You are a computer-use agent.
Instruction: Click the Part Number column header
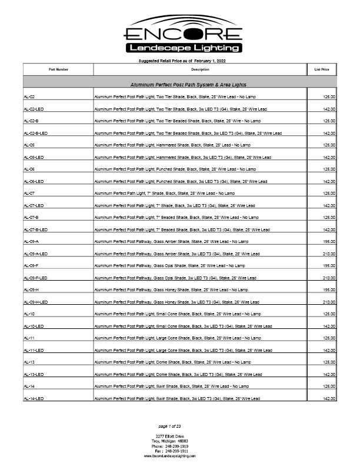click(58, 69)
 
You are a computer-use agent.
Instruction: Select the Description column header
click(200, 69)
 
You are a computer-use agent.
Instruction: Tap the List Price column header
click(322, 69)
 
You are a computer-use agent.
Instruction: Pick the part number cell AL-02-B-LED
click(36, 133)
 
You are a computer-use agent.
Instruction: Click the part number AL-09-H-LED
click(36, 302)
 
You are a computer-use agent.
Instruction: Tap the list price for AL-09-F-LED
click(329, 278)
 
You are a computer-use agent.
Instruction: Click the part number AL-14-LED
click(34, 399)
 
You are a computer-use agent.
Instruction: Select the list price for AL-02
click(329, 96)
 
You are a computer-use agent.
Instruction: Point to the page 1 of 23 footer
click(170, 425)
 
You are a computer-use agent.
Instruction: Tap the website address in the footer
click(170, 456)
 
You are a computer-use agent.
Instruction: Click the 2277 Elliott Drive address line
click(170, 436)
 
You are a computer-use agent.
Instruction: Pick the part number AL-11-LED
click(34, 350)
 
